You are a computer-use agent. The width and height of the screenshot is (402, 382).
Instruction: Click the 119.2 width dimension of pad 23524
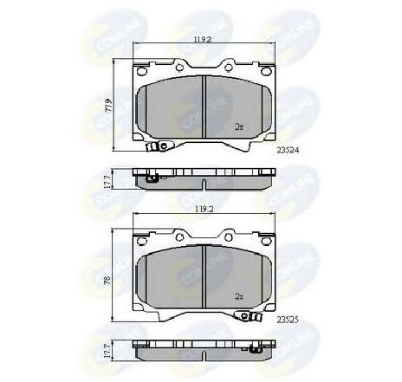coord(202,39)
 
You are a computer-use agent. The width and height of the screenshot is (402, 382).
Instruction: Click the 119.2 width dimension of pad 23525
coord(202,209)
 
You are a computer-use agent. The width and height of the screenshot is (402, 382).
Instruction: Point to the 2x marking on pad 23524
coord(238,126)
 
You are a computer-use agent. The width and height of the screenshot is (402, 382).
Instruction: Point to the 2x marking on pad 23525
coord(238,297)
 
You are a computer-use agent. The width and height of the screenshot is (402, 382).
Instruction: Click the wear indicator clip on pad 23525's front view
coord(254,318)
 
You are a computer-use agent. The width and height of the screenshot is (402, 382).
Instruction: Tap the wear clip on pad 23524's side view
coord(152,180)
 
